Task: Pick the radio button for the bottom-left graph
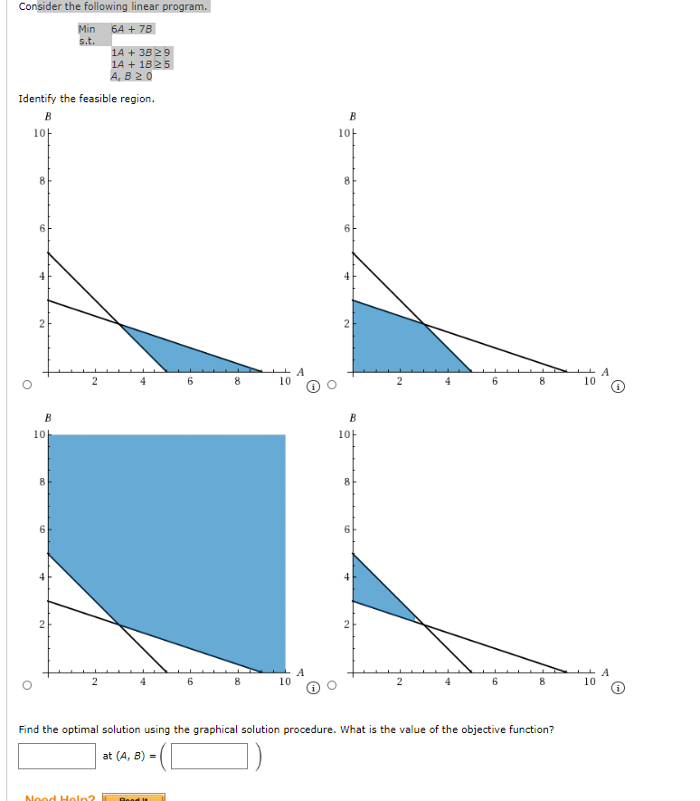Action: pos(27,685)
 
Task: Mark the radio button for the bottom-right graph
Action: pos(332,685)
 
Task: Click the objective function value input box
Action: pos(57,756)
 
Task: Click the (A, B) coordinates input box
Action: pos(209,756)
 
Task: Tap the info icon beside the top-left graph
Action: pos(313,387)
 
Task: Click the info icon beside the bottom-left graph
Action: pos(313,686)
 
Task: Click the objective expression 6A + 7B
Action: pos(133,29)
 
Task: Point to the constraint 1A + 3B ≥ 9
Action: pos(141,52)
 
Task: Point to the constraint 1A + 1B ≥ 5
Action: pos(141,64)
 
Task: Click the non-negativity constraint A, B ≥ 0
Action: pos(131,76)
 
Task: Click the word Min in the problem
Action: pos(87,29)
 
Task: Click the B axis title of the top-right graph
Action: pos(353,117)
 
